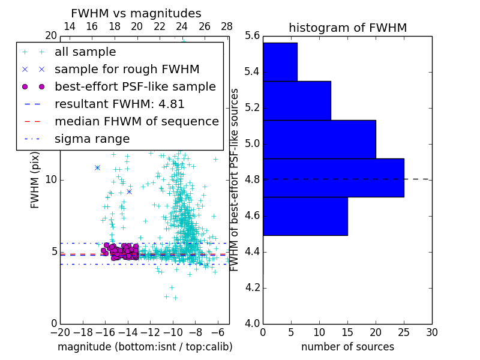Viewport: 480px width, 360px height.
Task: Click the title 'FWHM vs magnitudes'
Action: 136,13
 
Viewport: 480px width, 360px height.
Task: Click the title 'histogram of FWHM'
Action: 347,28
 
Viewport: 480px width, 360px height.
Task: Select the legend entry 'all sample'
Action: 85,52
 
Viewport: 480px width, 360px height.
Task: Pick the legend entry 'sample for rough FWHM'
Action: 127,70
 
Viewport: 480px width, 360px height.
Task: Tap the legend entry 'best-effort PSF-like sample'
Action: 135,87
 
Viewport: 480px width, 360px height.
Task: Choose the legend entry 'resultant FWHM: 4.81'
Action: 119,104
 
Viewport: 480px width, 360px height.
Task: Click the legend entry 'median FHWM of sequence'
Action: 136,122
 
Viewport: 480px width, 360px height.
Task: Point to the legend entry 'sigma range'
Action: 92,139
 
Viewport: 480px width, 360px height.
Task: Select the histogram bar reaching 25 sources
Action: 333,178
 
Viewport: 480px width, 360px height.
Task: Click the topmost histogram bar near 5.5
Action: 280,62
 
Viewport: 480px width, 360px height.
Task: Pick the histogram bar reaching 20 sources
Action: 319,139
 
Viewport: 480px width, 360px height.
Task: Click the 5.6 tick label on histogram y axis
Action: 253,36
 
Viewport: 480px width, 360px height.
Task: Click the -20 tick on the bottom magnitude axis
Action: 60,332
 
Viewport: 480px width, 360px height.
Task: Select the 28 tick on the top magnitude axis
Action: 227,26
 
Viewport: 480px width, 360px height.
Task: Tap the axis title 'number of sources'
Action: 347,347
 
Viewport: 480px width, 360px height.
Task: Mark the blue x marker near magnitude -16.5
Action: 97,167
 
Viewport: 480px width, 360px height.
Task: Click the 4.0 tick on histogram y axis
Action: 253,324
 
